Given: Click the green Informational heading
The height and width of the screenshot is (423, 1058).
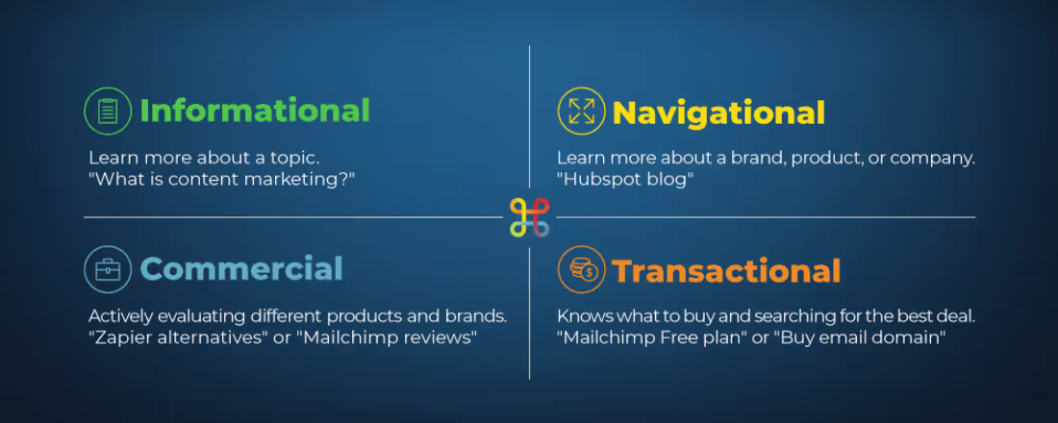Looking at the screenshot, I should pyautogui.click(x=255, y=111).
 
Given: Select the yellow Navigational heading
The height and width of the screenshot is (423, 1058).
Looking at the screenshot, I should pyautogui.click(x=718, y=113).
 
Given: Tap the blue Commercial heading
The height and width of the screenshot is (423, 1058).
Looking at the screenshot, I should pyautogui.click(x=241, y=268).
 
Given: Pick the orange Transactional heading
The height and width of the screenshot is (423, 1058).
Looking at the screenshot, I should pyautogui.click(x=726, y=271).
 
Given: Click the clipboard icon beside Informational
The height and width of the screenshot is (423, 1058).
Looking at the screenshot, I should pyautogui.click(x=108, y=111).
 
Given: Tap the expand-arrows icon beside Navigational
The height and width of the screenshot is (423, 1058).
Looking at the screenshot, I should pyautogui.click(x=581, y=112).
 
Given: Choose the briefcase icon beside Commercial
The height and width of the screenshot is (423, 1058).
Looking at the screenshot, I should pyautogui.click(x=108, y=269).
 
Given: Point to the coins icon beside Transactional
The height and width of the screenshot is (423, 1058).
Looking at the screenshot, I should pyautogui.click(x=581, y=270).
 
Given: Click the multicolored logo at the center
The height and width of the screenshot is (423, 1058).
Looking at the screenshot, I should pyautogui.click(x=529, y=217).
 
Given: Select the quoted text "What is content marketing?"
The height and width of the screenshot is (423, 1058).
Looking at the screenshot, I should pyautogui.click(x=222, y=180).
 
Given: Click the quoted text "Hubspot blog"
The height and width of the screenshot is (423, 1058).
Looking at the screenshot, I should pyautogui.click(x=625, y=180).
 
